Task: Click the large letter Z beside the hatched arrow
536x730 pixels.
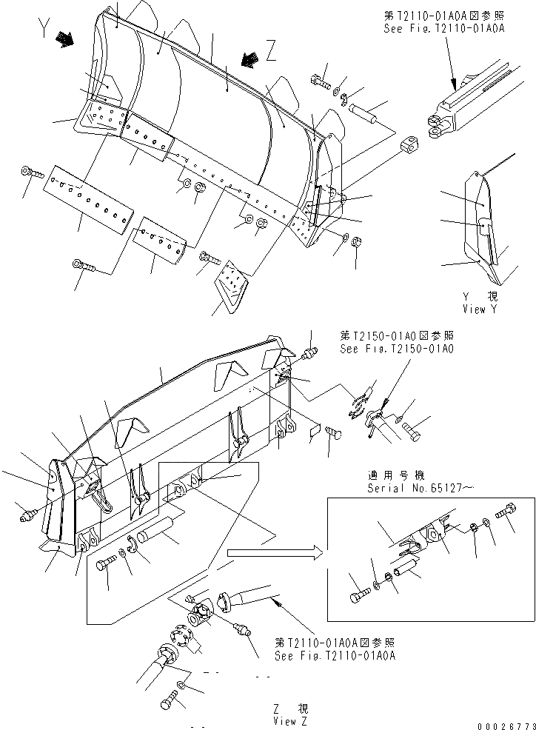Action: (x=271, y=51)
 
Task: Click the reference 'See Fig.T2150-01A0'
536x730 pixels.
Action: (x=397, y=348)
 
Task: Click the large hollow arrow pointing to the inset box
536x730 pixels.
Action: (x=274, y=552)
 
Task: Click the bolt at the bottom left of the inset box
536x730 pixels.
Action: (x=358, y=593)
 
